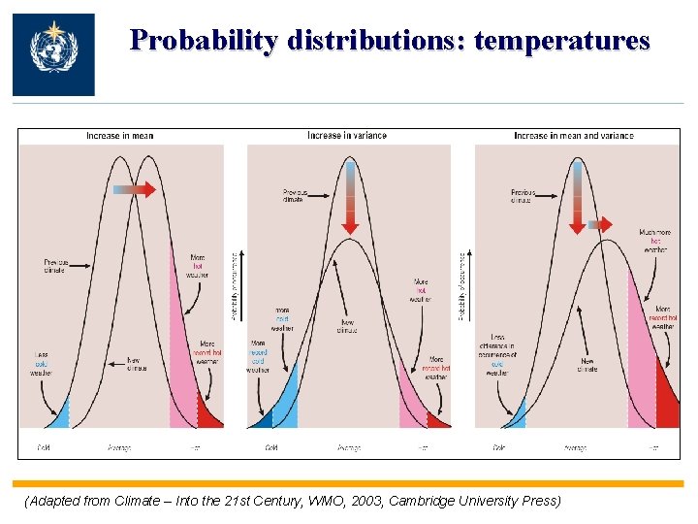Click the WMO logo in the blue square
[53, 53]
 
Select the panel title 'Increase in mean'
[119, 136]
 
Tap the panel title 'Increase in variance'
[347, 136]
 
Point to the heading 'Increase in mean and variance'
[573, 136]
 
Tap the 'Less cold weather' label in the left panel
[41, 364]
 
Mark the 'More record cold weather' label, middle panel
[258, 356]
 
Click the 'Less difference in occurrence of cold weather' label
[496, 358]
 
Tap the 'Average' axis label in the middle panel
[348, 448]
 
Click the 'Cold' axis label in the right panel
[498, 448]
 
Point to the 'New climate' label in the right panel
[587, 365]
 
